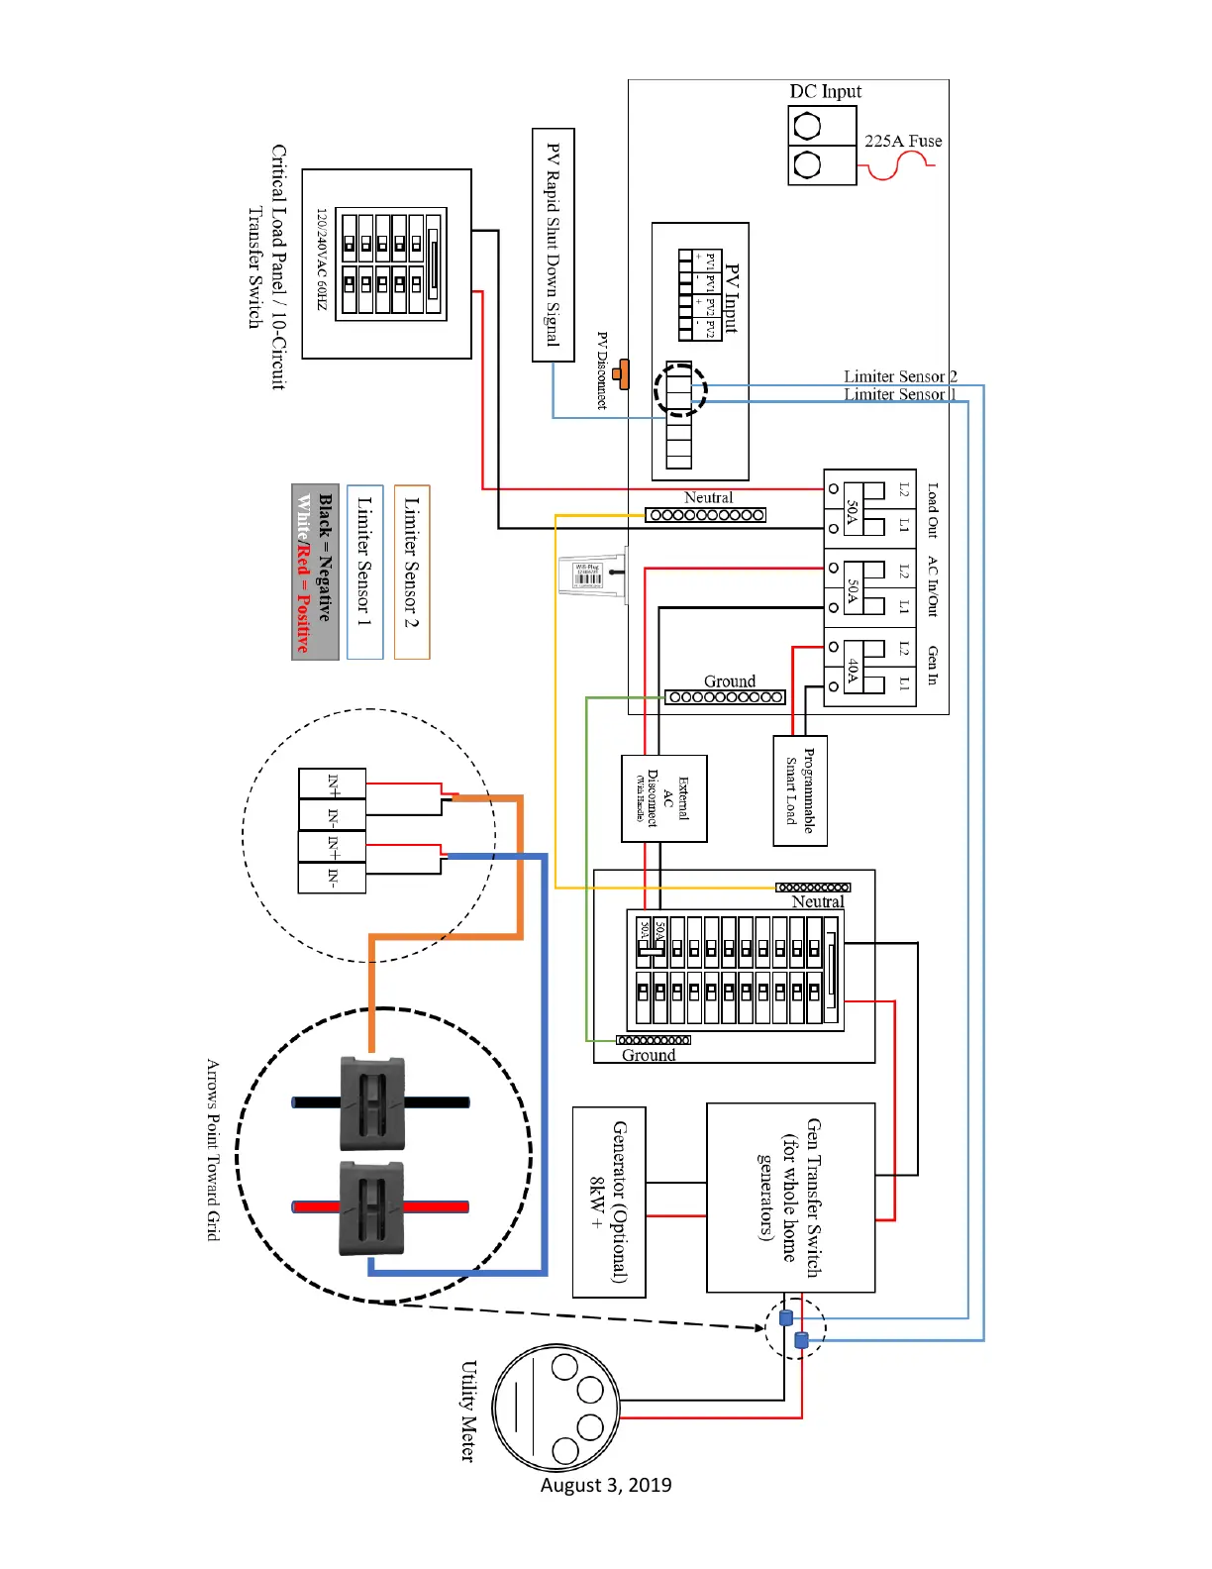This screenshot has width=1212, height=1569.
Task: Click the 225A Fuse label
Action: tap(902, 141)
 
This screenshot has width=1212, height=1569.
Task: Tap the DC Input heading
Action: tap(825, 91)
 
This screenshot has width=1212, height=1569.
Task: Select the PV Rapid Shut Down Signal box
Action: tap(553, 245)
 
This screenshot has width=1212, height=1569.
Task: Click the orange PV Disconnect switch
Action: tap(621, 374)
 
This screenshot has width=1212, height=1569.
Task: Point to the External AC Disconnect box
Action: tap(663, 798)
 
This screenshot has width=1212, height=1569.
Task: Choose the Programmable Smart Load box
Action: tap(799, 790)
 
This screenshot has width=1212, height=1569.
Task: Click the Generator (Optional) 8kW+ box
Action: tap(609, 1202)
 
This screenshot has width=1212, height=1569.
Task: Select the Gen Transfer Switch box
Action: tap(790, 1197)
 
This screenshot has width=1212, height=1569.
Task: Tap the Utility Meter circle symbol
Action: tap(555, 1407)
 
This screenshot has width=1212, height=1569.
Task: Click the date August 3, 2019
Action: tap(606, 1485)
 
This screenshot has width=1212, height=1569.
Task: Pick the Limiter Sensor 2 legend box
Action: tap(412, 572)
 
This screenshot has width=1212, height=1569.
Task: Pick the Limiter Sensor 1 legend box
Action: tap(364, 572)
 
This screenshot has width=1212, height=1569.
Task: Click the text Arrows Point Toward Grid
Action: tap(213, 1149)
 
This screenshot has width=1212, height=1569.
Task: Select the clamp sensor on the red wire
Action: tap(372, 1207)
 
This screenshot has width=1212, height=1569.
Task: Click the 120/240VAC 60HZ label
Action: tap(321, 259)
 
